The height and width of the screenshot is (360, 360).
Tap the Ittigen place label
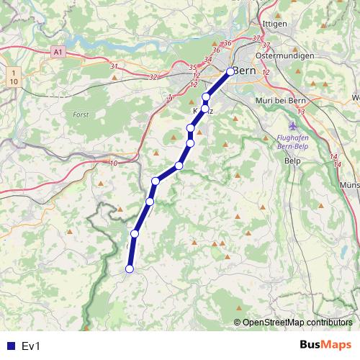(x=275, y=24)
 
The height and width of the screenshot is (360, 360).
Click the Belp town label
(x=292, y=161)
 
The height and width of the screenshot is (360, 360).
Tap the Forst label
(x=81, y=114)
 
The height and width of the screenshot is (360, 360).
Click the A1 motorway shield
(x=58, y=53)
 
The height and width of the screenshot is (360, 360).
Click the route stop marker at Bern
(x=230, y=71)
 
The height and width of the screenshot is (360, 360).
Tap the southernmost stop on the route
(x=130, y=269)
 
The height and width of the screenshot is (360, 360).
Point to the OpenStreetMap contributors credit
(x=297, y=322)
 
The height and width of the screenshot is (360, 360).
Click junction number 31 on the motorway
(x=114, y=67)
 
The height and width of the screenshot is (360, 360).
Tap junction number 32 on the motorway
(x=152, y=76)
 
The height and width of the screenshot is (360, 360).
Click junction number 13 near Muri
(x=300, y=112)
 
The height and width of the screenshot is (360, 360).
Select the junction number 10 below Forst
(x=114, y=163)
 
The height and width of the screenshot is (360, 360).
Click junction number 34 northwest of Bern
(x=208, y=59)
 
